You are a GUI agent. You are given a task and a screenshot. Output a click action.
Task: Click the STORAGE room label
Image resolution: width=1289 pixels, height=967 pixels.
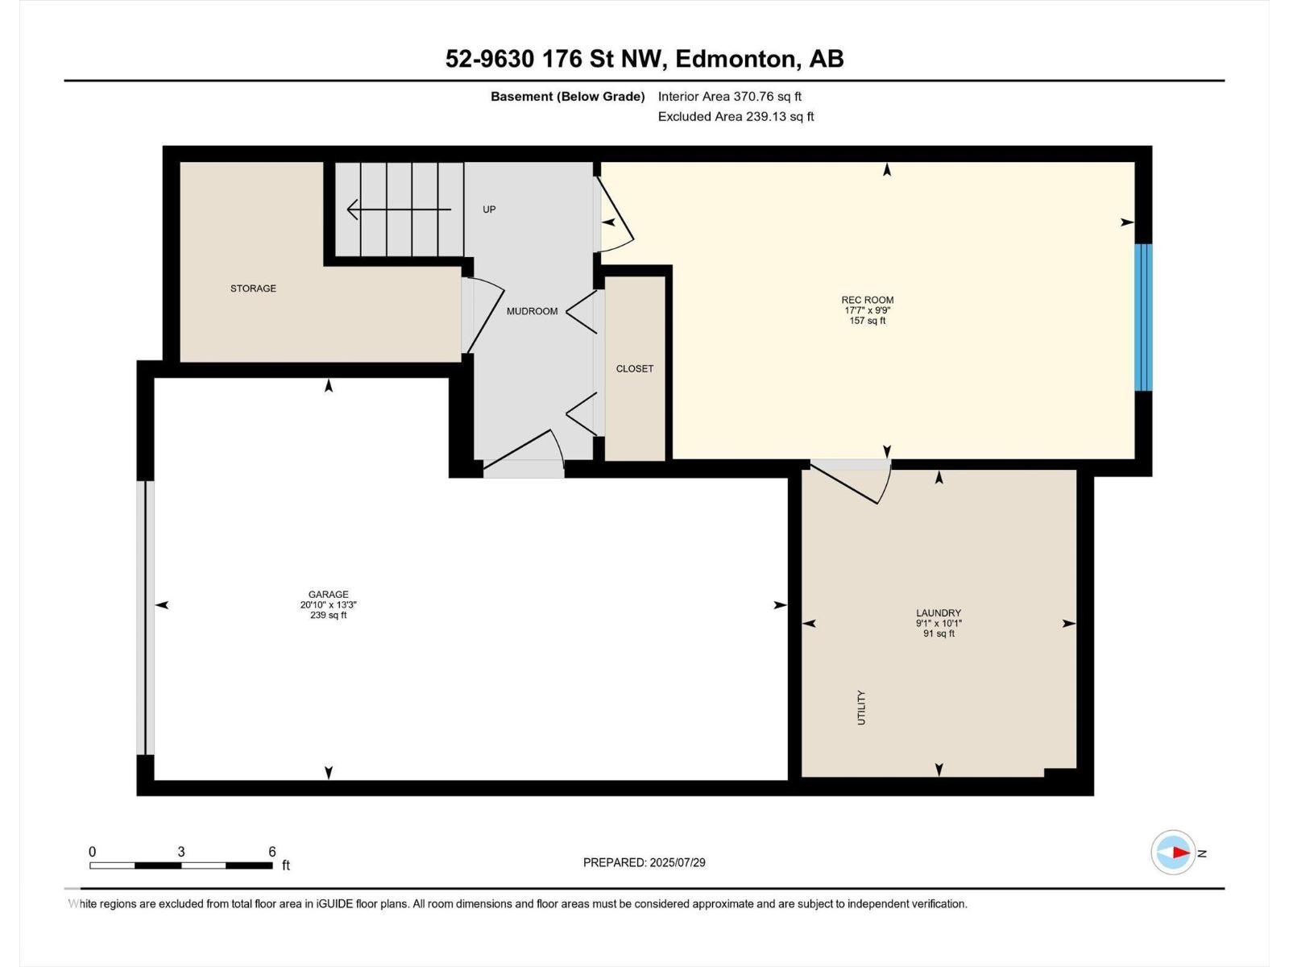[x=253, y=288]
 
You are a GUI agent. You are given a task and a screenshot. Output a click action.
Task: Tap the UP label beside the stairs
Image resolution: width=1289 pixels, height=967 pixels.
[x=489, y=210]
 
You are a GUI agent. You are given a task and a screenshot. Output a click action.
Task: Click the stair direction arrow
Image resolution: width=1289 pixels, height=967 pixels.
[x=398, y=210]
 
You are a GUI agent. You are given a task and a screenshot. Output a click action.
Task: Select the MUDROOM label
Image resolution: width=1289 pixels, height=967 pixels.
[x=532, y=311]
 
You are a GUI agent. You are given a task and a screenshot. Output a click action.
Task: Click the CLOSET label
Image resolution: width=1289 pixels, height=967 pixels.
[x=635, y=369]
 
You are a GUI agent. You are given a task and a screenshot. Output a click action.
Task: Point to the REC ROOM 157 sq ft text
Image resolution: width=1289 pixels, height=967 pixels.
[x=867, y=321]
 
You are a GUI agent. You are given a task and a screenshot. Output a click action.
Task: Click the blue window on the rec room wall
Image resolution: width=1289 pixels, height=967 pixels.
[x=1144, y=317]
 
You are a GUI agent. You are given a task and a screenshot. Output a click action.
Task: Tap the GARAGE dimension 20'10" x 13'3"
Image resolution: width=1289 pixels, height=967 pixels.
[x=328, y=604]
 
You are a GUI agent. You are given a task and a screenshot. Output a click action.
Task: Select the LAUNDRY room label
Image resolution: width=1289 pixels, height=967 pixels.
[x=939, y=612]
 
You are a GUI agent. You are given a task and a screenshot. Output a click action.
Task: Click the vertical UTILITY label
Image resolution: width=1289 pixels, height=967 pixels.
[x=861, y=708]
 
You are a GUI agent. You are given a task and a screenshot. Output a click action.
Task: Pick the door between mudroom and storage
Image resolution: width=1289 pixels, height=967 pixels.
[x=482, y=316]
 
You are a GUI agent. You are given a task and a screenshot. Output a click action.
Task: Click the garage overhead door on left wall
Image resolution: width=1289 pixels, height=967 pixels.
[x=149, y=617]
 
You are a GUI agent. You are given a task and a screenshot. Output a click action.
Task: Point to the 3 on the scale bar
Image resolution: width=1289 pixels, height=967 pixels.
[x=181, y=852]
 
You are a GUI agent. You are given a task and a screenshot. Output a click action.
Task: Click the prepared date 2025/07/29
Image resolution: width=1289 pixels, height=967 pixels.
[x=676, y=862]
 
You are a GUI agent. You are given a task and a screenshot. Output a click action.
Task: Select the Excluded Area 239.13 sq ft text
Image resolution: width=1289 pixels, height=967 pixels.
[x=736, y=116]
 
